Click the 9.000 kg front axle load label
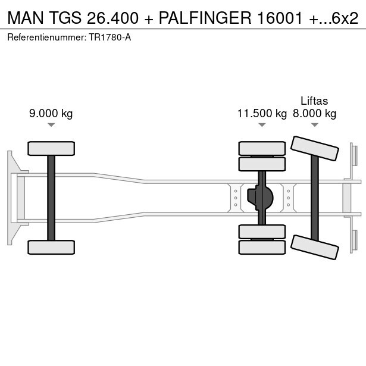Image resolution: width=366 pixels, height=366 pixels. click(x=51, y=114)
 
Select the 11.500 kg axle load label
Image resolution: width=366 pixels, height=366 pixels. click(x=262, y=114)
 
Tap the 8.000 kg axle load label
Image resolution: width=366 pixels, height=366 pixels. click(x=314, y=114)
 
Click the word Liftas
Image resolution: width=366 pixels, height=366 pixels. click(x=314, y=101)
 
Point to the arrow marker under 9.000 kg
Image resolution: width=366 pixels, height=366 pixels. click(x=51, y=125)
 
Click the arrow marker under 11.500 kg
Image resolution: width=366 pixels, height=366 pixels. click(x=262, y=125)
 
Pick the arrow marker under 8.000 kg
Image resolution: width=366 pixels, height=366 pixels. click(x=315, y=125)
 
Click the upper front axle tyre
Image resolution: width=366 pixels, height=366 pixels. click(x=51, y=148)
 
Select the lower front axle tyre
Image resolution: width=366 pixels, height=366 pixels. click(x=51, y=247)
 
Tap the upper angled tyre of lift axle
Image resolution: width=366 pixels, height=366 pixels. click(x=315, y=148)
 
